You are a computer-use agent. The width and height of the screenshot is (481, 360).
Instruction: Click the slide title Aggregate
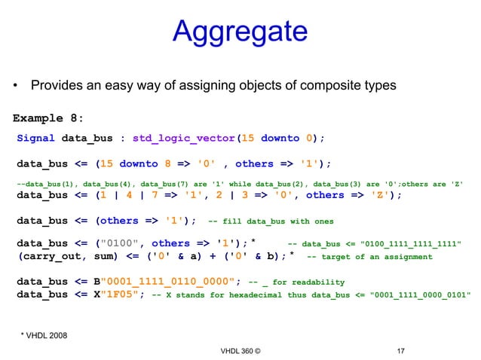(x=240, y=32)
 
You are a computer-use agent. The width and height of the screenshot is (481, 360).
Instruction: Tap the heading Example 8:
(x=48, y=118)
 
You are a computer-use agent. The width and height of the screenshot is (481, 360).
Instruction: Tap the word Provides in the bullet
(x=59, y=85)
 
